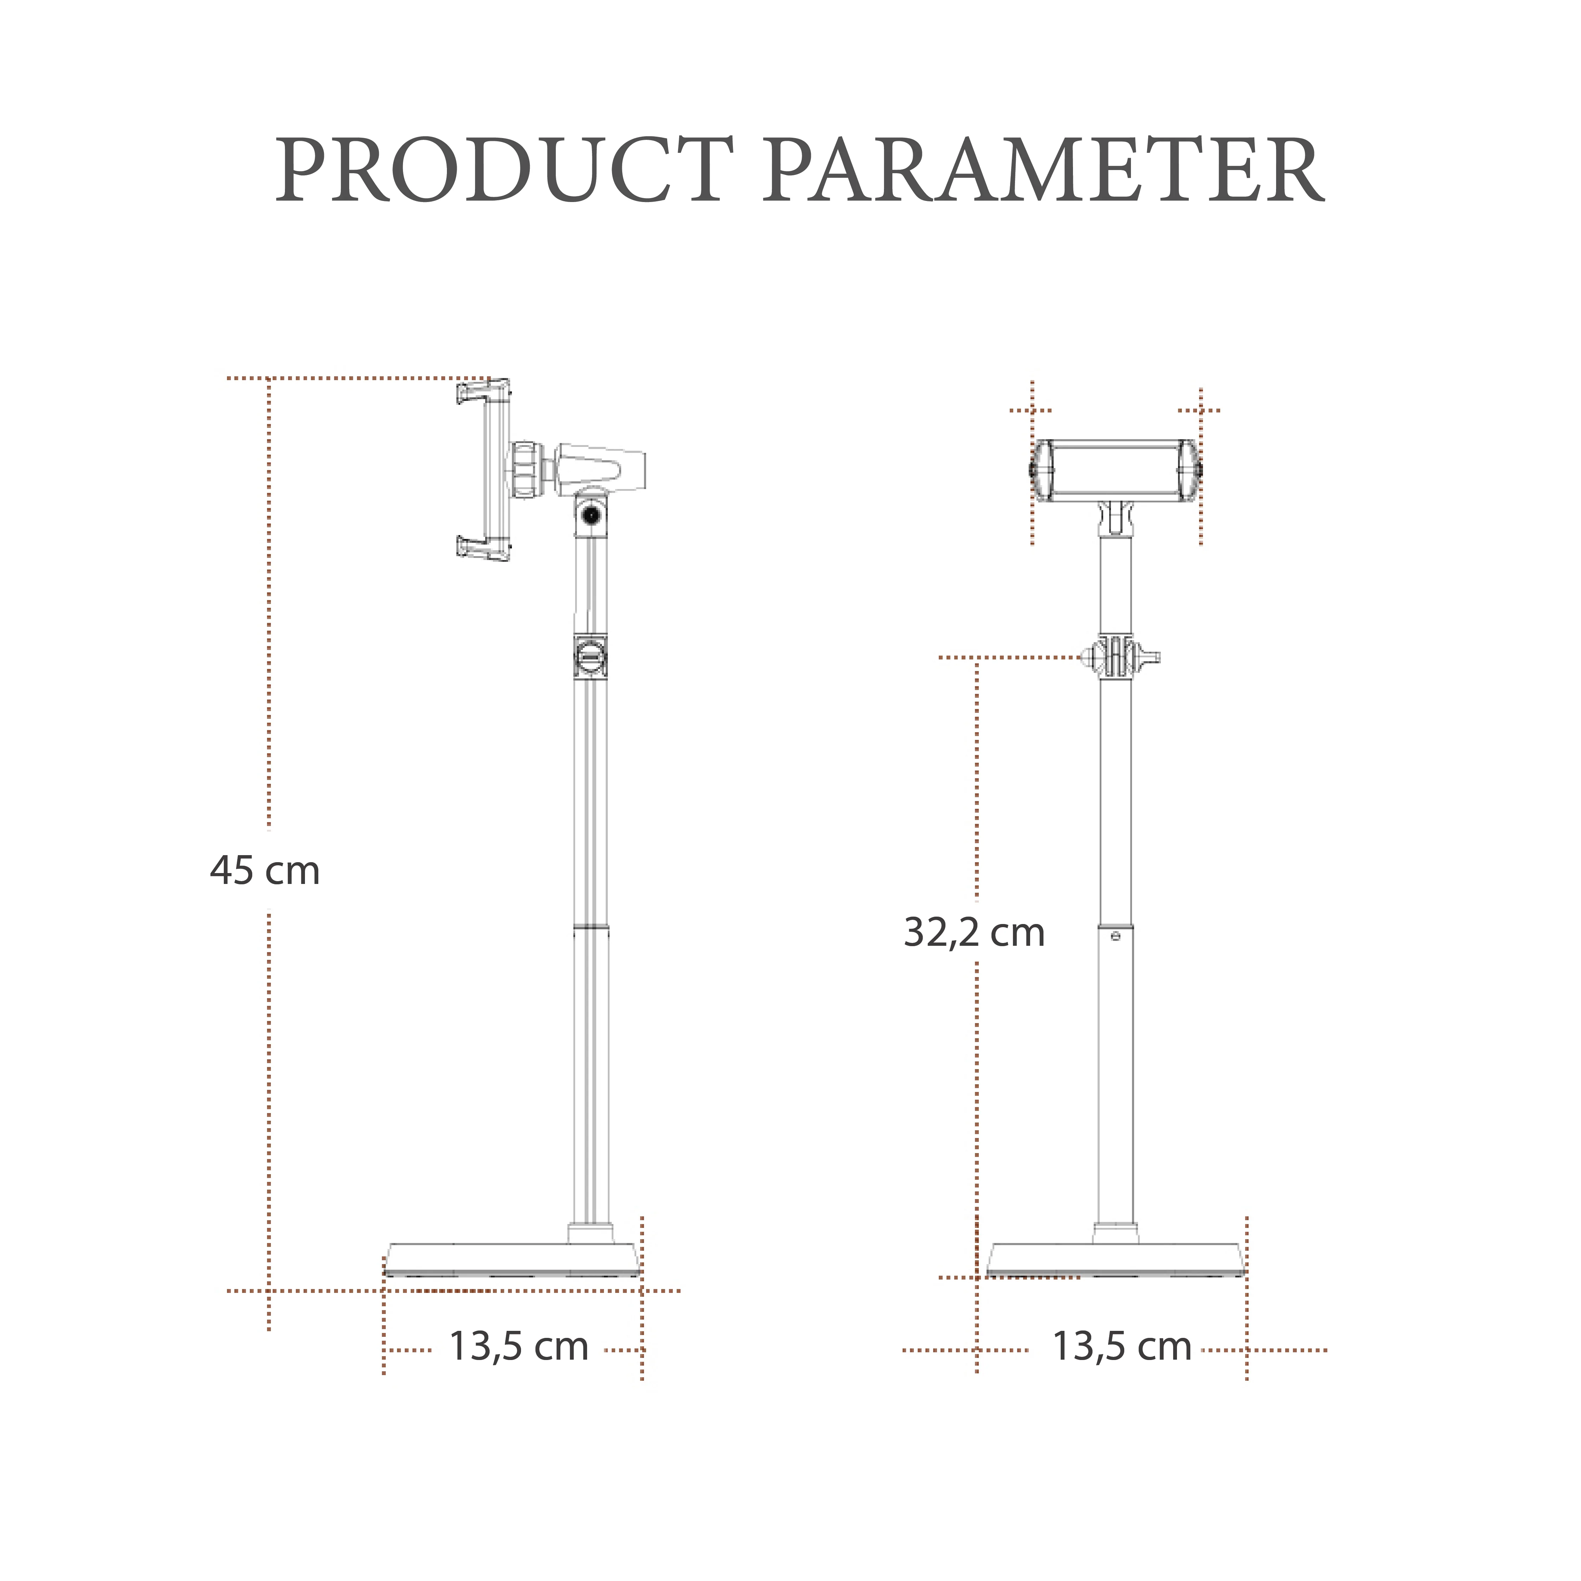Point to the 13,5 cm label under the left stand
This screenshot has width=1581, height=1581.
[519, 1346]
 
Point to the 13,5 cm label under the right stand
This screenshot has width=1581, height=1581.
[1121, 1346]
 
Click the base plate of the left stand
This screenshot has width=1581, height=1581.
[512, 1260]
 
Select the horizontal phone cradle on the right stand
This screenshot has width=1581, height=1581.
[1114, 470]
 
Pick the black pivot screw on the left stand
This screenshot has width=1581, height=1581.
[590, 515]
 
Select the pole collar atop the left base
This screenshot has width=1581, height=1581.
[590, 1233]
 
